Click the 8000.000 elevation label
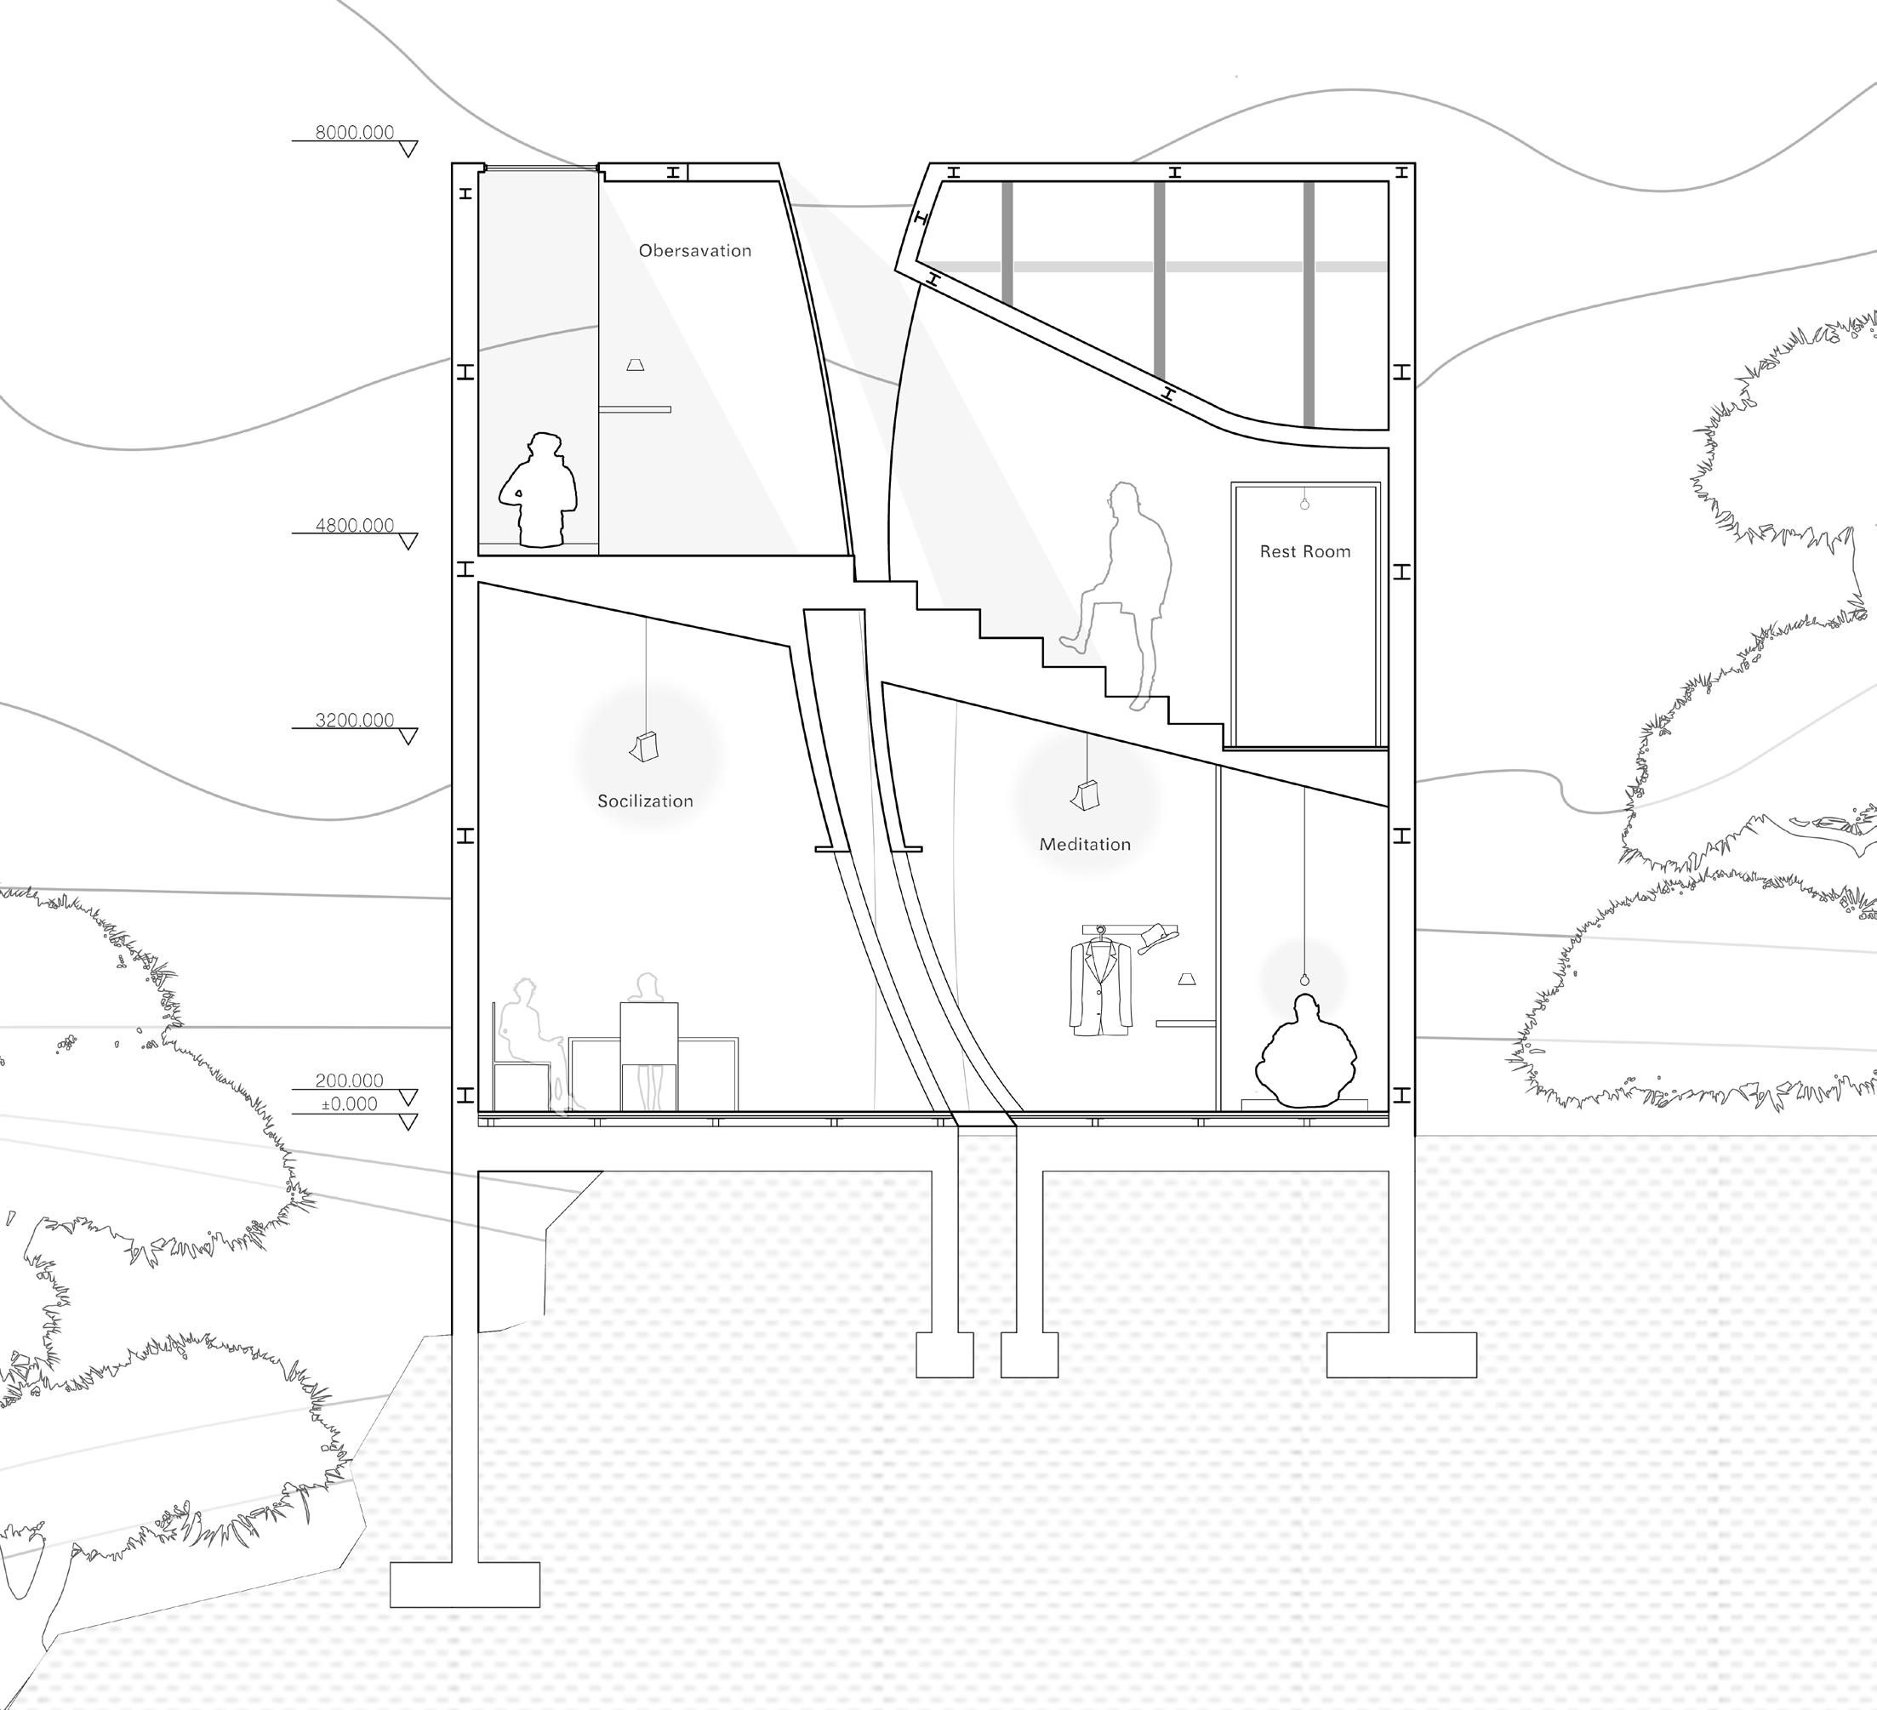point(354,132)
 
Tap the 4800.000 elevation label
point(354,525)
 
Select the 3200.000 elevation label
point(354,720)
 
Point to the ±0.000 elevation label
point(348,1104)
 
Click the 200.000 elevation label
point(349,1080)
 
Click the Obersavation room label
point(694,250)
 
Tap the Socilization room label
point(645,801)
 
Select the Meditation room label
point(1085,844)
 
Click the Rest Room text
point(1304,552)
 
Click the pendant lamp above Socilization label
point(644,747)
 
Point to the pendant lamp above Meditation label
point(1086,796)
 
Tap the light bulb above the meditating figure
point(1304,979)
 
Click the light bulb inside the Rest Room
point(1304,504)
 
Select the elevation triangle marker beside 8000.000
point(407,149)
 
